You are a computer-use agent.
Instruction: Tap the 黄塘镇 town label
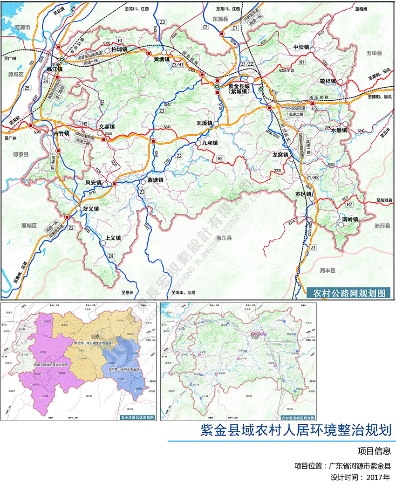pyautogui.click(x=164, y=59)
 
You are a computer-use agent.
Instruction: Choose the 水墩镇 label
pyautogui.click(x=340, y=130)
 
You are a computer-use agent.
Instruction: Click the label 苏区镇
pyautogui.click(x=303, y=194)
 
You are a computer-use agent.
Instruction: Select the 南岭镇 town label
pyautogui.click(x=349, y=219)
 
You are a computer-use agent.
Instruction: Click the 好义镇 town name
pyautogui.click(x=91, y=209)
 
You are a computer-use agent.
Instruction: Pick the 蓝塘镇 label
pyautogui.click(x=156, y=180)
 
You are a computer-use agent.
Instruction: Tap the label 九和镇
pyautogui.click(x=209, y=143)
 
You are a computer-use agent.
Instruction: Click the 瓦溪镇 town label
pyautogui.click(x=205, y=123)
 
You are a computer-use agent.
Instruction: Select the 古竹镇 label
pyautogui.click(x=61, y=133)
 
